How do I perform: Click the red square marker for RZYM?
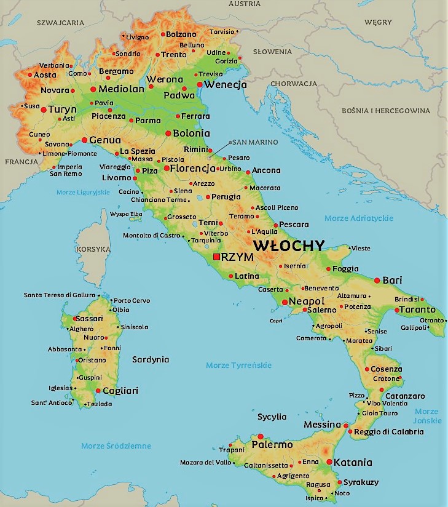[x=216, y=257]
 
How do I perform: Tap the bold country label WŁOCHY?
[x=289, y=245]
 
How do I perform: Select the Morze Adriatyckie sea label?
[x=358, y=218]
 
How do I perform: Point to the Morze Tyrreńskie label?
[x=238, y=365]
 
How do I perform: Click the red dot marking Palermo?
[x=261, y=436]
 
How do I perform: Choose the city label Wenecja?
[x=226, y=85]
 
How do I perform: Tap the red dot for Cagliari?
[x=98, y=391]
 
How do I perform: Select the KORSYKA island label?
[x=94, y=249]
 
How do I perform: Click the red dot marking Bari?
[x=377, y=280]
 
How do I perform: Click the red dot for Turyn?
[x=44, y=110]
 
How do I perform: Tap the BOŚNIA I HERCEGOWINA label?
[x=387, y=111]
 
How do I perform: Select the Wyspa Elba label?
[x=126, y=214]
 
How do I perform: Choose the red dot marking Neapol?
[x=284, y=302]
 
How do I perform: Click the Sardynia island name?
[x=151, y=359]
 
